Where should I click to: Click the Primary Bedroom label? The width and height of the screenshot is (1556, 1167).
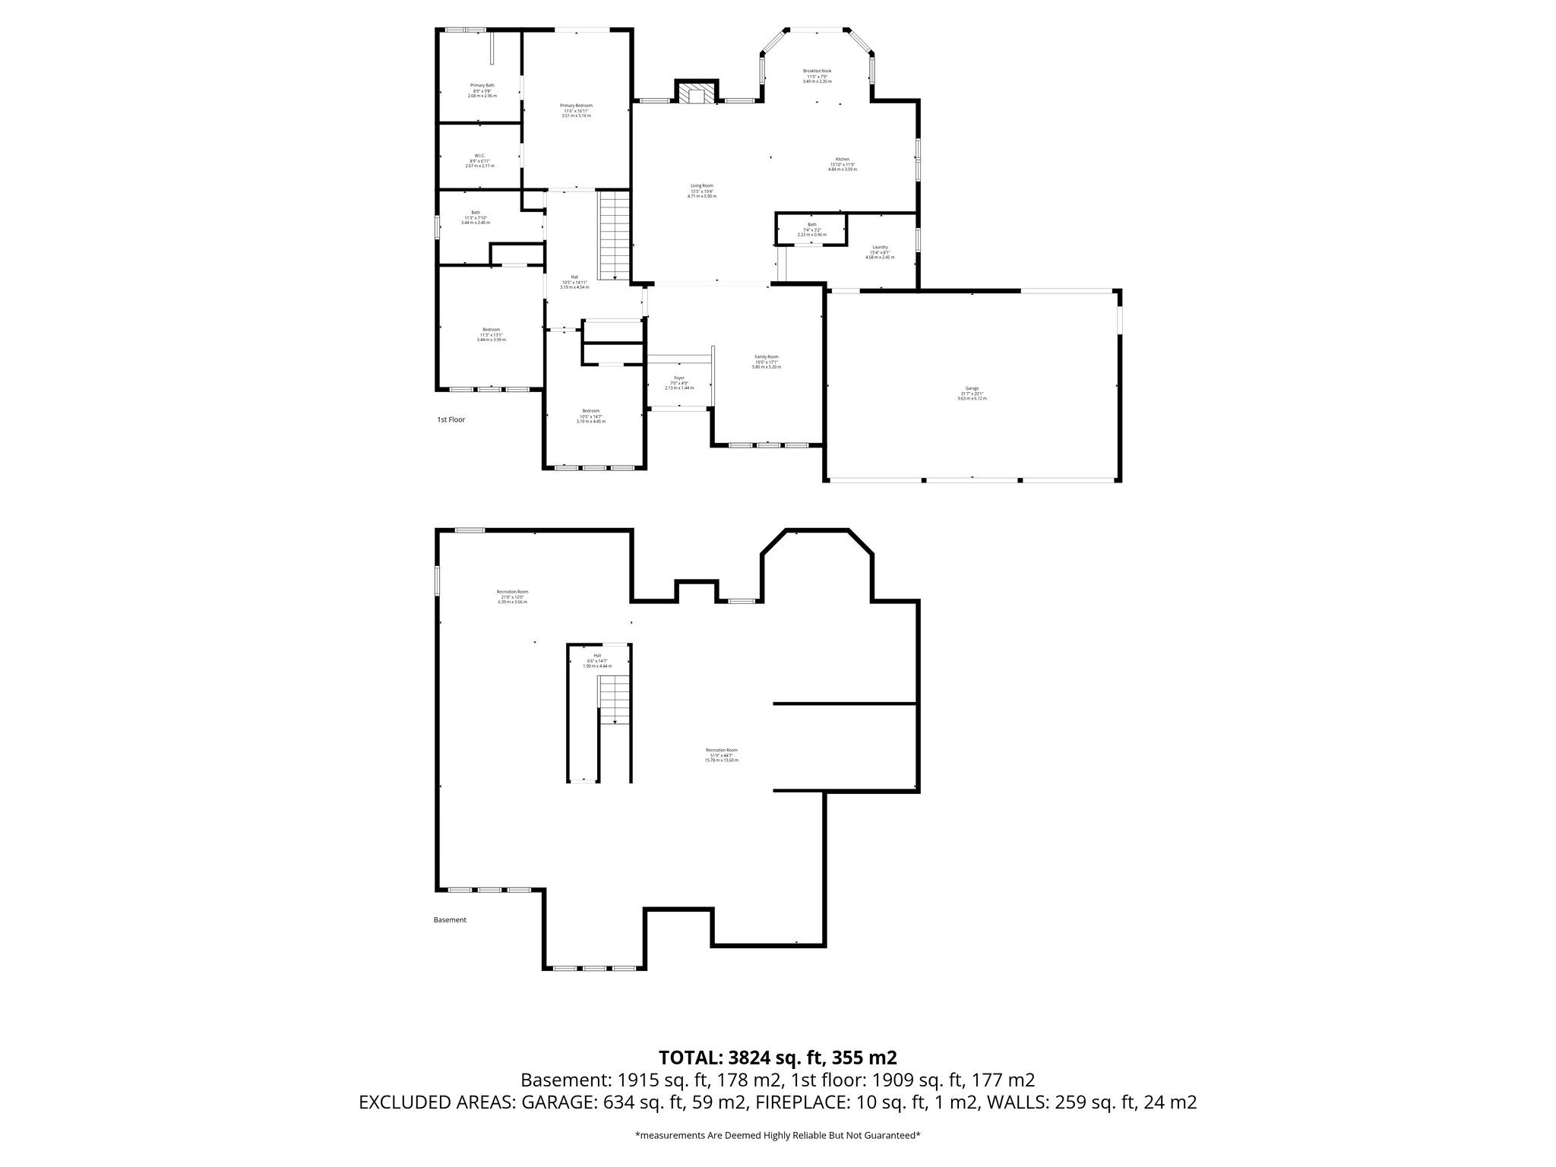point(576,110)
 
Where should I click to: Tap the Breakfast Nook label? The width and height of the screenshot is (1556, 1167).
point(818,75)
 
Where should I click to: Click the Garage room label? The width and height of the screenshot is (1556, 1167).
point(972,393)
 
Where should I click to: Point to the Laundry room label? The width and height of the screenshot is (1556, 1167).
point(880,251)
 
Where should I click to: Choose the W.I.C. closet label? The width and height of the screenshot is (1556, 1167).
point(479,160)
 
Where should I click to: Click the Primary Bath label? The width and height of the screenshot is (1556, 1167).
point(482,90)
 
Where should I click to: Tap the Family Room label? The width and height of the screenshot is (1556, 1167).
point(766,362)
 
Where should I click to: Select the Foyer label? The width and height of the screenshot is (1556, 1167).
point(678,383)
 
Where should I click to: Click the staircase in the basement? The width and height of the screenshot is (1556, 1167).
point(614,699)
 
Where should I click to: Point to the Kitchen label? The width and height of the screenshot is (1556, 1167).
point(842,164)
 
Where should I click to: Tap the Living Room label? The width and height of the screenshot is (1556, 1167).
point(701,191)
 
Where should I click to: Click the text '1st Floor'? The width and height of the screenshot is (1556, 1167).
point(451,419)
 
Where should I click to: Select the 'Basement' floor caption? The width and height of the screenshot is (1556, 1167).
point(450,920)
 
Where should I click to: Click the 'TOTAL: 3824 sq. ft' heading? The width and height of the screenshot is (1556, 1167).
point(777,1057)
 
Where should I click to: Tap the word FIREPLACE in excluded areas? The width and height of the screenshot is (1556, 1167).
point(788,1102)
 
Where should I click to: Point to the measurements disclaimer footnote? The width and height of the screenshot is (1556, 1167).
point(777,1135)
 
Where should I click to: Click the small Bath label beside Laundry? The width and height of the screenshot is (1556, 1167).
point(811,229)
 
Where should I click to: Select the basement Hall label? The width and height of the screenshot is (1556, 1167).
point(597,660)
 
